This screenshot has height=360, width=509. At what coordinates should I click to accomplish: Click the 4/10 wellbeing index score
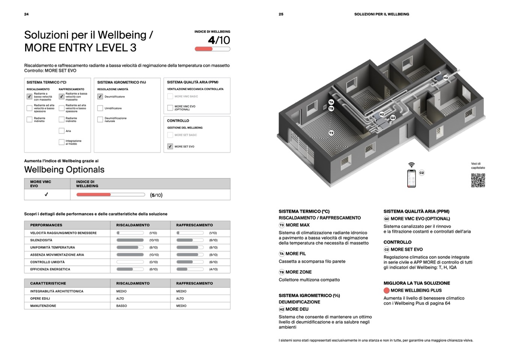[219, 40]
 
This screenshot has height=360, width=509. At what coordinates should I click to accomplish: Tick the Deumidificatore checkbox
[100, 96]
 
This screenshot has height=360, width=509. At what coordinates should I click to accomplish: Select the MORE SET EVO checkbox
[170, 146]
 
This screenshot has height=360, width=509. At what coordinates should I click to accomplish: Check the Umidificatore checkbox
[100, 108]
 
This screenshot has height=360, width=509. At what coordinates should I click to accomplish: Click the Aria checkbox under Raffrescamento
[62, 131]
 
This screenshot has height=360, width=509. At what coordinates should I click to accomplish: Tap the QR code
[478, 180]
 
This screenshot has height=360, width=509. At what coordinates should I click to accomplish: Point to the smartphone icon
[411, 178]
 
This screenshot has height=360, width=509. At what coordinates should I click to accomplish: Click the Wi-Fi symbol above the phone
[411, 165]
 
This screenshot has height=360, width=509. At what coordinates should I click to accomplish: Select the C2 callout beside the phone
[422, 173]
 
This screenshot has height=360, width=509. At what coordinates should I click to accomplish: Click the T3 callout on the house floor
[331, 133]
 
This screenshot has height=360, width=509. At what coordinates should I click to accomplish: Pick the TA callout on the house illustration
[331, 102]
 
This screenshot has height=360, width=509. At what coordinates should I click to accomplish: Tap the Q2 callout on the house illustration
[393, 117]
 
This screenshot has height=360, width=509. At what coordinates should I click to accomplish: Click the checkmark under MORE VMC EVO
[47, 194]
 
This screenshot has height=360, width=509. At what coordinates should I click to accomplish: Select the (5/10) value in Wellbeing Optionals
[156, 195]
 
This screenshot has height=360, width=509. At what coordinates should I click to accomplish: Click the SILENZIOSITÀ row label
[41, 240]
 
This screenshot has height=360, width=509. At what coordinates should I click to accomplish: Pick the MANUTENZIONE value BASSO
[122, 306]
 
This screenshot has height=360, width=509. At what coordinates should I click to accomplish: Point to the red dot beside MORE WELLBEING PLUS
[387, 291]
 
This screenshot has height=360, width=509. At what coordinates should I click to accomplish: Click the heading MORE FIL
[296, 254]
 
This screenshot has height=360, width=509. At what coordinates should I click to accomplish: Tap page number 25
[281, 14]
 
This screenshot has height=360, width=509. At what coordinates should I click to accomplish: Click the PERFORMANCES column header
[46, 225]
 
